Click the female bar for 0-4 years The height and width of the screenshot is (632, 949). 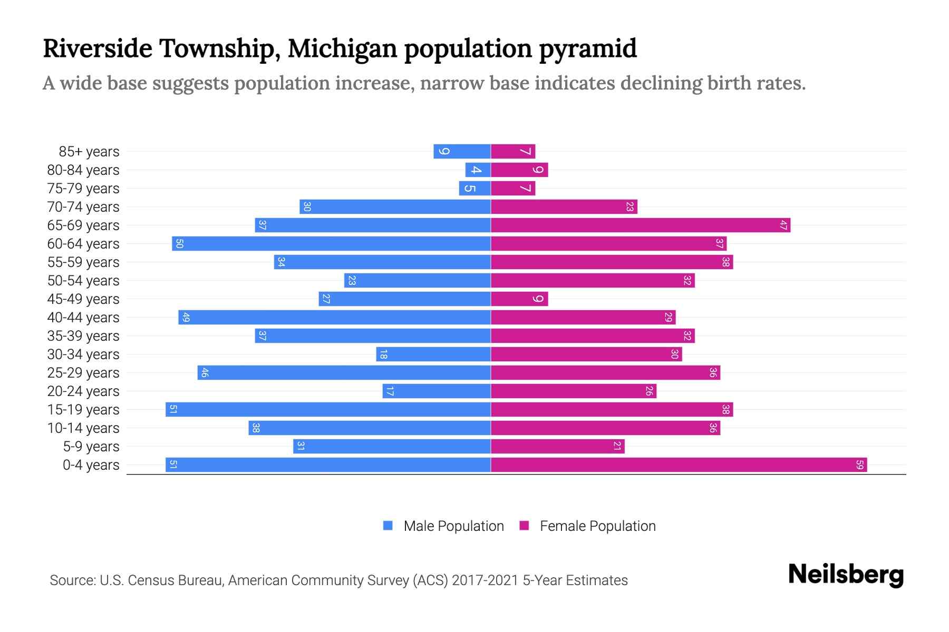[679, 465]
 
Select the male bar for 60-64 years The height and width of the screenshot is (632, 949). [331, 244]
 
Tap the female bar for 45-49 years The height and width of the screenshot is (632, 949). [519, 299]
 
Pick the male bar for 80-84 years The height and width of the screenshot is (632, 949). [478, 170]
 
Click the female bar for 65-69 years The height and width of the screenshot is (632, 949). [641, 225]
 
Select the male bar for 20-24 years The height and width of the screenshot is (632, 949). [437, 391]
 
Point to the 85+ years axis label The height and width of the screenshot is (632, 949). [89, 152]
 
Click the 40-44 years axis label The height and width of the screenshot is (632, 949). [83, 318]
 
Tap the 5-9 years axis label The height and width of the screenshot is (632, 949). [91, 447]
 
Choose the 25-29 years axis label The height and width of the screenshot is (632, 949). [83, 373]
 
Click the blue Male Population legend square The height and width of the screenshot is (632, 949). [388, 526]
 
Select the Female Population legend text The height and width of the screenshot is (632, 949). [597, 526]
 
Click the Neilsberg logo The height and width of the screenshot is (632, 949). [846, 575]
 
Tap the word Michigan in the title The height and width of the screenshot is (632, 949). [342, 48]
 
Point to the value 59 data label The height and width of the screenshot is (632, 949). [859, 465]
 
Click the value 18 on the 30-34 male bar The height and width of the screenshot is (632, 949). [383, 354]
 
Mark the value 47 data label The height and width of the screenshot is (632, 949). [783, 225]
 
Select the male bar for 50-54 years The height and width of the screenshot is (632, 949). [418, 281]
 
